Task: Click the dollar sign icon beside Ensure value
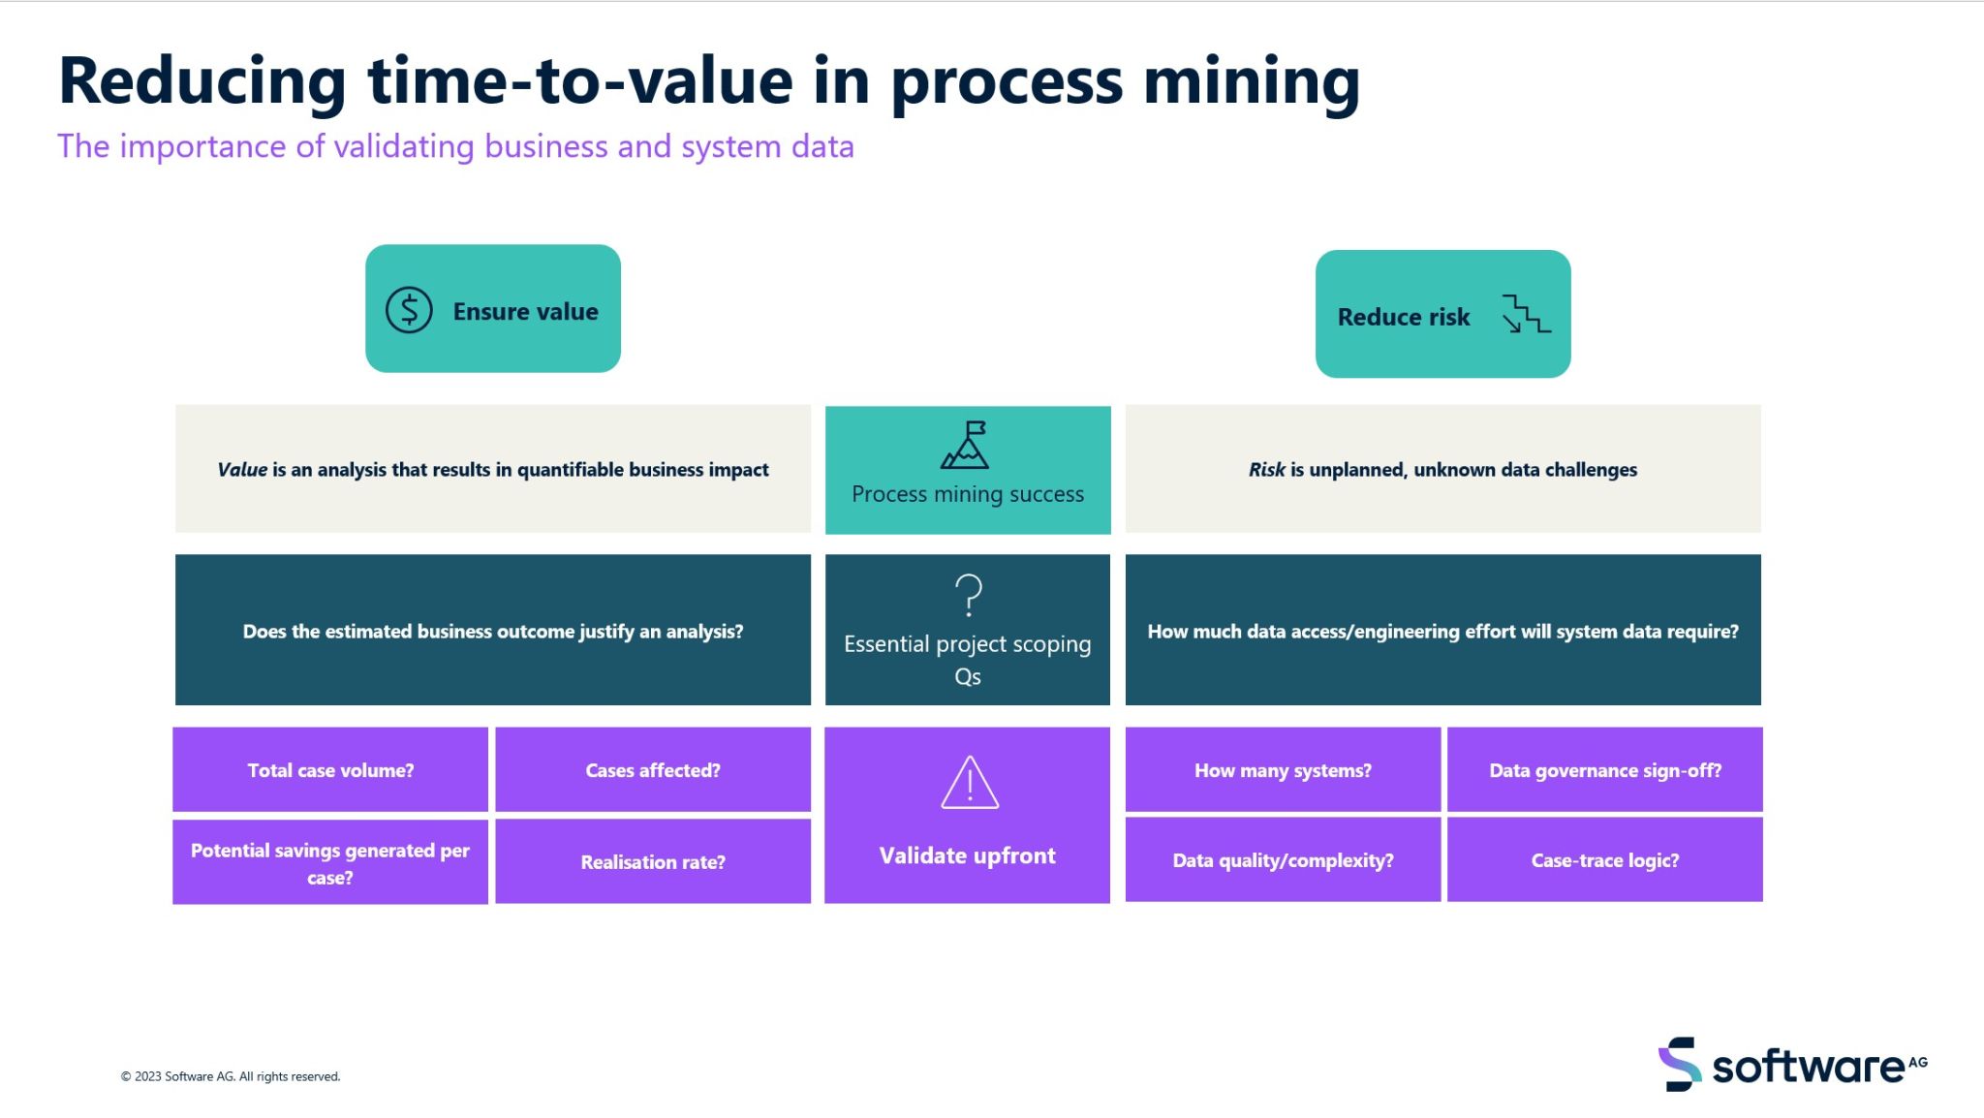(x=409, y=311)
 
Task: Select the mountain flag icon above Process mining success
(x=966, y=446)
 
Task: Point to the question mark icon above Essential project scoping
(x=968, y=595)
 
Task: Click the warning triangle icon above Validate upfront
(x=969, y=783)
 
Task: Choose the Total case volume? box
(x=330, y=770)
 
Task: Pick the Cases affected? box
(x=653, y=770)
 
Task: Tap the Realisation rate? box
(x=653, y=861)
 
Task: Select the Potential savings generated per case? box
(x=330, y=863)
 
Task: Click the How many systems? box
(x=1283, y=770)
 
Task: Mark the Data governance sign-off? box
(x=1605, y=770)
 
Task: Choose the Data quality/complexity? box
(x=1283, y=860)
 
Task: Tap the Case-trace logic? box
(x=1605, y=860)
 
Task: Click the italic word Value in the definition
(x=242, y=470)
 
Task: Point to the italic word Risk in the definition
(x=1266, y=470)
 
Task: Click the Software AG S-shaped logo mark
(x=1680, y=1065)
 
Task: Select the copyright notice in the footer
(x=231, y=1076)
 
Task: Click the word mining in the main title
(x=1252, y=81)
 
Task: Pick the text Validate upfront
(x=967, y=855)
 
